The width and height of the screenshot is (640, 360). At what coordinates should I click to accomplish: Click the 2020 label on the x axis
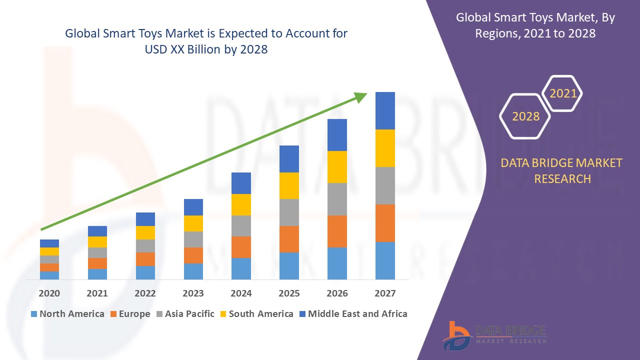click(x=49, y=293)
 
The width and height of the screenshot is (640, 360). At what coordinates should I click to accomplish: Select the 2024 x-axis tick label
click(x=241, y=293)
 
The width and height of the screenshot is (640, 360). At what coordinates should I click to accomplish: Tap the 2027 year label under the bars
click(x=385, y=293)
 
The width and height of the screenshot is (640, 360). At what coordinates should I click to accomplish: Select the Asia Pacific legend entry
click(x=185, y=314)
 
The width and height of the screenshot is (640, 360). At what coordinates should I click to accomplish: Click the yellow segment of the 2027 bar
click(x=385, y=148)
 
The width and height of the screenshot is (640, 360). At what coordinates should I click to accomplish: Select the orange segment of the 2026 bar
click(x=337, y=231)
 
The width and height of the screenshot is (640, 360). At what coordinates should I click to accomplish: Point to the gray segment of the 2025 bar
click(x=289, y=212)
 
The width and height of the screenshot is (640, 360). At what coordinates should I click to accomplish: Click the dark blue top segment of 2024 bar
click(x=241, y=183)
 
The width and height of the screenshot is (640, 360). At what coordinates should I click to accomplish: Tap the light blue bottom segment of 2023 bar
click(x=193, y=271)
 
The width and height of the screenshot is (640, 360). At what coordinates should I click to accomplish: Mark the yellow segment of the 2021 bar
click(x=97, y=242)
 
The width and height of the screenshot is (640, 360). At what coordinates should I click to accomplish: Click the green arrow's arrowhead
click(x=361, y=97)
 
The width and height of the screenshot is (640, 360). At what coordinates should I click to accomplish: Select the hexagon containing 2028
click(x=525, y=116)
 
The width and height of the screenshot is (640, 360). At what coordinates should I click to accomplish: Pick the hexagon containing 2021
click(x=562, y=93)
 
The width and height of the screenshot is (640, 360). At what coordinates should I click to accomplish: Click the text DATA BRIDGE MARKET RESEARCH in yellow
click(x=562, y=170)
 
